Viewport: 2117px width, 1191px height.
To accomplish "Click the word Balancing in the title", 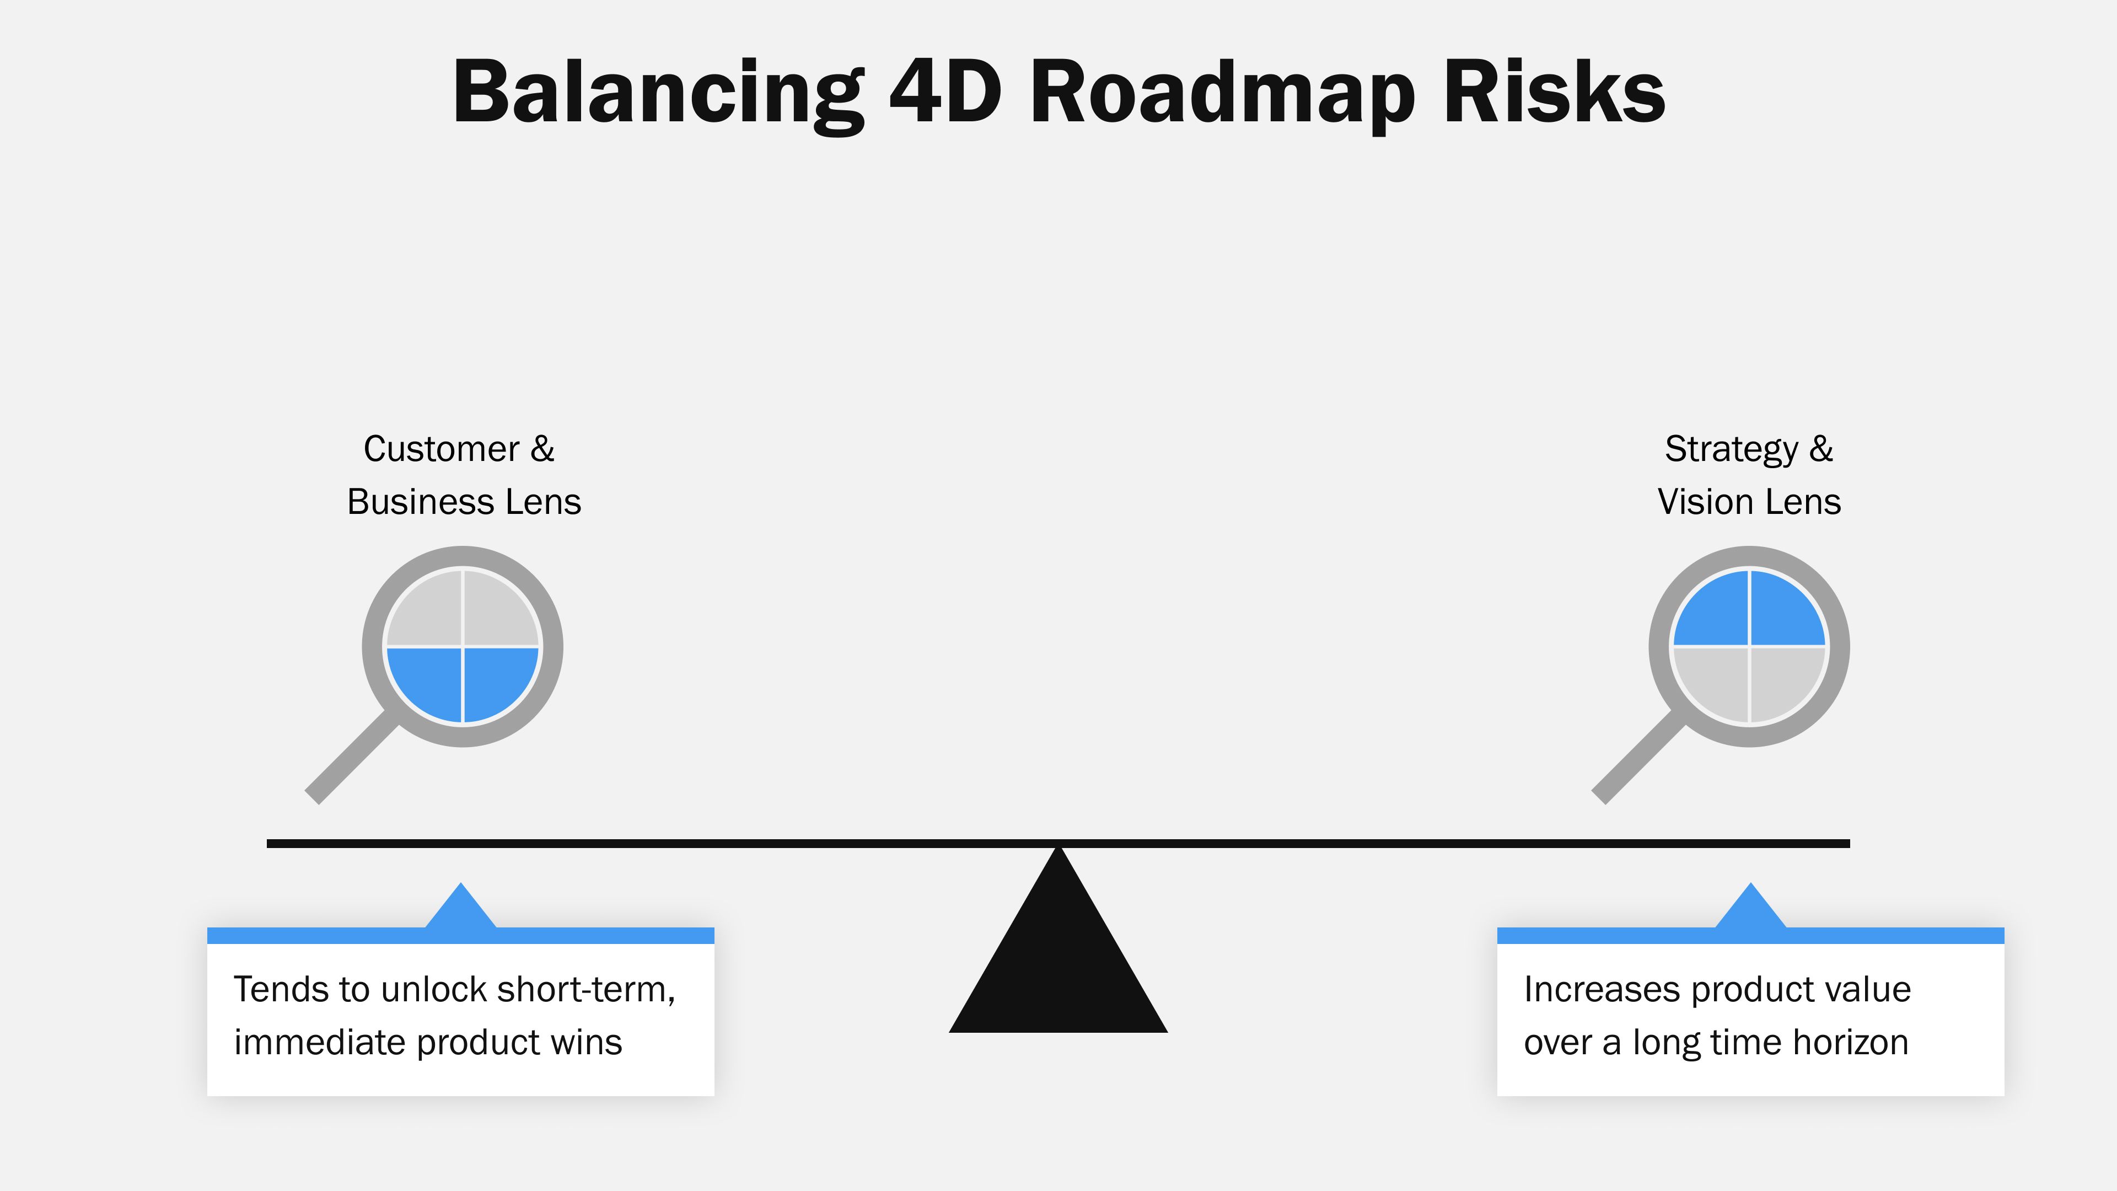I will [658, 92].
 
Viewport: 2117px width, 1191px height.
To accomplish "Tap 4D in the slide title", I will [945, 92].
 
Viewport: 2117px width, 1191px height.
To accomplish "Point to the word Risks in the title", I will [1553, 92].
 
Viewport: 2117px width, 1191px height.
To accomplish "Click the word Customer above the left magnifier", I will [441, 449].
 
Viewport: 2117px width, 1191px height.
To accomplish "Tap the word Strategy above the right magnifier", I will [1732, 449].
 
